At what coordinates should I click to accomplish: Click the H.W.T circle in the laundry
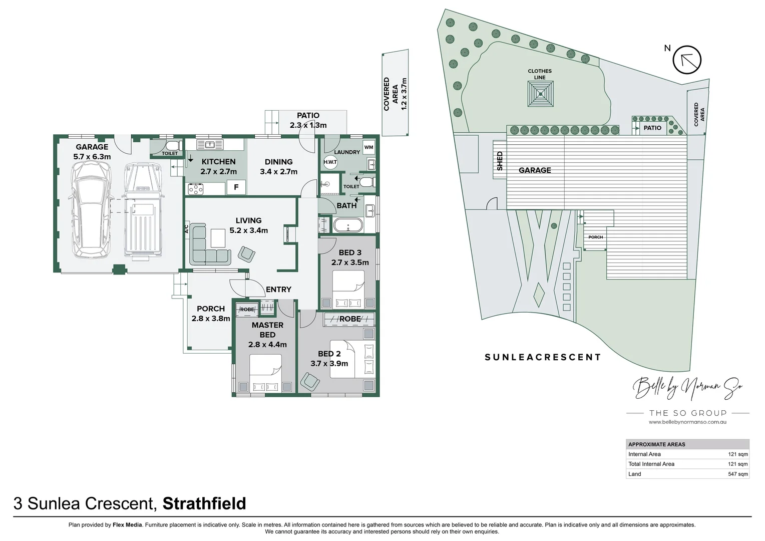click(x=330, y=162)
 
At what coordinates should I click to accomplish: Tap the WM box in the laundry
click(x=368, y=147)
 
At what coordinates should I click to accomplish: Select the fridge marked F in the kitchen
click(x=236, y=187)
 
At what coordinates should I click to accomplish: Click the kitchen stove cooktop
click(x=195, y=188)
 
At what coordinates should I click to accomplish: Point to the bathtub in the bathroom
click(x=348, y=225)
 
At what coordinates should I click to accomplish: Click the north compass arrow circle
click(x=687, y=60)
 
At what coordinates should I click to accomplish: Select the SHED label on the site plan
click(x=500, y=161)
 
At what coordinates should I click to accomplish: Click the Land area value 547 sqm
click(x=737, y=474)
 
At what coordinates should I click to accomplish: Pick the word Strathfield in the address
click(x=204, y=503)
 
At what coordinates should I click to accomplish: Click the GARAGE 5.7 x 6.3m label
click(x=92, y=152)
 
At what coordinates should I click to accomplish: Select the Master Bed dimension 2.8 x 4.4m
click(x=267, y=345)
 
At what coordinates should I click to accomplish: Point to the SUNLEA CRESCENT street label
click(x=543, y=357)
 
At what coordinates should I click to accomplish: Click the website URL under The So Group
click(x=687, y=422)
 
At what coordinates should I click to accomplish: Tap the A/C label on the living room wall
click(x=186, y=229)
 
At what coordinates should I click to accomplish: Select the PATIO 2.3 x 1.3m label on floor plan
click(x=308, y=120)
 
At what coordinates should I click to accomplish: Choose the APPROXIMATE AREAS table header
click(x=657, y=444)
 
